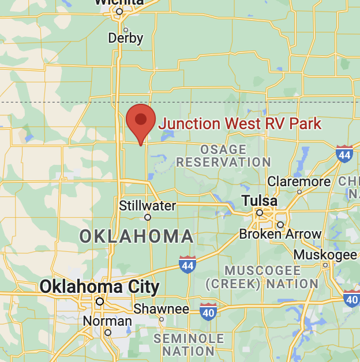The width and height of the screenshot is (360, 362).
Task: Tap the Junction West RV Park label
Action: [239, 123]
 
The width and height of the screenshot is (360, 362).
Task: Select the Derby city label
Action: [126, 39]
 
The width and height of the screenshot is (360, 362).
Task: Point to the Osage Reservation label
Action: [223, 156]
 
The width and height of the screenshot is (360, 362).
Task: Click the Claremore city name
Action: [299, 181]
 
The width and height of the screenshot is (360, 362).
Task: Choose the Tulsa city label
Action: [259, 201]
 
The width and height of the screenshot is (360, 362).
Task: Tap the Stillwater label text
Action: [147, 205]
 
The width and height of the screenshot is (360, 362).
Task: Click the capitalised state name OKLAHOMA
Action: [136, 236]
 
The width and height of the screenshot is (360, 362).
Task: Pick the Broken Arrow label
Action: [280, 234]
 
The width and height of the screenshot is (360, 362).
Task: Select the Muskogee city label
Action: [325, 255]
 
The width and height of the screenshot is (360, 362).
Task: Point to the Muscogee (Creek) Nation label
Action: [262, 277]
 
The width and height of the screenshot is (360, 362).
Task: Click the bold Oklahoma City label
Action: [99, 286]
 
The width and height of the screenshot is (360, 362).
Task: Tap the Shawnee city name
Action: [161, 309]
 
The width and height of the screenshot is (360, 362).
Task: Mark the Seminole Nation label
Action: [189, 344]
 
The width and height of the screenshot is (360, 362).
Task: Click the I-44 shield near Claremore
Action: [344, 153]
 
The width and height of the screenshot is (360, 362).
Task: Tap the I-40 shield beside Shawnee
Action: [208, 311]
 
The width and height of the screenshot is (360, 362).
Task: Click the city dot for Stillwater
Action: [148, 217]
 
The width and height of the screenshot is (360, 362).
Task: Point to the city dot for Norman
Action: [107, 333]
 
